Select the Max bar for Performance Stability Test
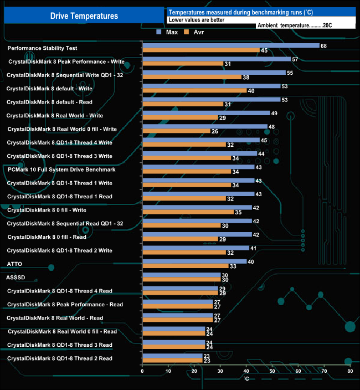coord(230,46)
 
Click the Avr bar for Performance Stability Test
coord(201,51)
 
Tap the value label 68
coord(323,46)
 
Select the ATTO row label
coord(14,264)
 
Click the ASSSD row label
coord(16,277)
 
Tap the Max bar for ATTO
coord(194,261)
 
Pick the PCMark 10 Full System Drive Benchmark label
coord(61,170)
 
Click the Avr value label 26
coord(215,131)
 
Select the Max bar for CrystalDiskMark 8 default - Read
coord(211,100)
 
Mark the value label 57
coord(295,59)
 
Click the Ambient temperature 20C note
coord(294,25)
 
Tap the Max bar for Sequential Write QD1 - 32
coord(214,73)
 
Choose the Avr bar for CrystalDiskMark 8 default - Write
coord(194,91)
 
